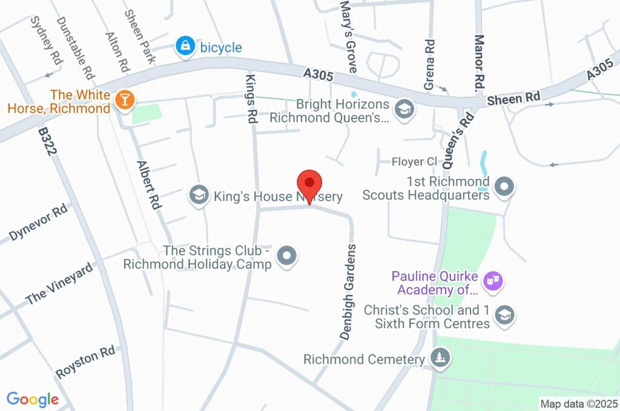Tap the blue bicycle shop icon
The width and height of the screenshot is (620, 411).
click(x=184, y=47)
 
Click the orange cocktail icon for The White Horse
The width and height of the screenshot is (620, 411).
click(x=125, y=101)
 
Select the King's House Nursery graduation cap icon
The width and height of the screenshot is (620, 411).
click(x=198, y=195)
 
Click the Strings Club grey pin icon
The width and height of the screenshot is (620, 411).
click(x=287, y=256)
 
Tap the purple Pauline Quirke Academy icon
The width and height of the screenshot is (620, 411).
click(x=494, y=281)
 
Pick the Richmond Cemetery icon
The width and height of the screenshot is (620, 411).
click(x=440, y=357)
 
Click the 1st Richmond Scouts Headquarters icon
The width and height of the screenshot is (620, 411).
click(x=504, y=187)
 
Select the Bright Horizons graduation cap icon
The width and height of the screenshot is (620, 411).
click(x=403, y=109)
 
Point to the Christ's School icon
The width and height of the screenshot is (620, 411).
click(x=504, y=314)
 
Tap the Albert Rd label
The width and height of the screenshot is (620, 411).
click(x=149, y=185)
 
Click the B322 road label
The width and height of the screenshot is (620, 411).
click(x=48, y=141)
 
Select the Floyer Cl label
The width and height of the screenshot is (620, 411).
click(x=414, y=161)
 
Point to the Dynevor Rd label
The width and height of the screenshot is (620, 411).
click(x=38, y=224)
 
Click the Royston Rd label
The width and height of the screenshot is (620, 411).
click(x=85, y=362)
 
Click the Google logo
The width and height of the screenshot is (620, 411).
click(x=32, y=399)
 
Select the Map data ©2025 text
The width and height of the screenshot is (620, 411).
click(x=578, y=404)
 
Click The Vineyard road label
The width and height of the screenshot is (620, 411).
click(x=60, y=283)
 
